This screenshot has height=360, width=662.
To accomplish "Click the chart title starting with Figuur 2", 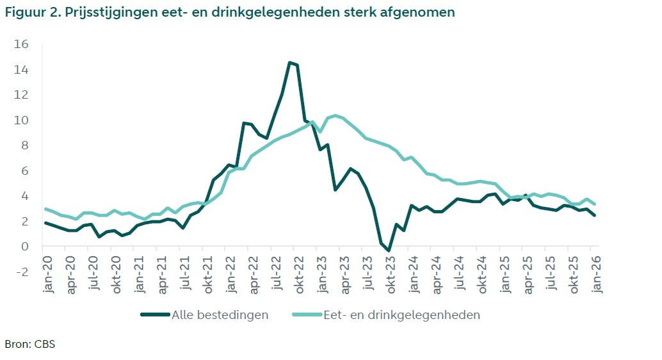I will (230, 13).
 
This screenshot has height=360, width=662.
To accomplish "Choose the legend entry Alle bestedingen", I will (220, 315).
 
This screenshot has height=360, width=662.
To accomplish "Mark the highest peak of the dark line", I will (289, 62).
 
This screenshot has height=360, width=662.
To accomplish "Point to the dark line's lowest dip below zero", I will (389, 250).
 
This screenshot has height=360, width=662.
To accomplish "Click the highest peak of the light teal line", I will (335, 115).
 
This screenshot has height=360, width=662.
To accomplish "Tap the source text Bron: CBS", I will (29, 344).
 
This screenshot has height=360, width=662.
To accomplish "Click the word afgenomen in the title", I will (423, 13).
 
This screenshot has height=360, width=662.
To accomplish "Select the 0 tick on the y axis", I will (25, 246).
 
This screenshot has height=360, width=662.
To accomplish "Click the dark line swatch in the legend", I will (154, 315).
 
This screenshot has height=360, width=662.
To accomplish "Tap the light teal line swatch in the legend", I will (307, 315).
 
